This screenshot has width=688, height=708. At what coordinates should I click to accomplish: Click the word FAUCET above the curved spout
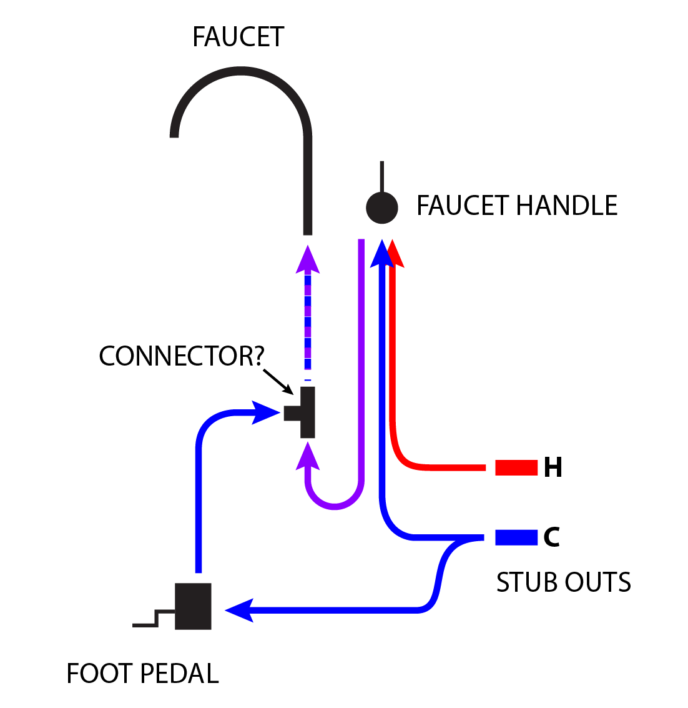click(x=238, y=37)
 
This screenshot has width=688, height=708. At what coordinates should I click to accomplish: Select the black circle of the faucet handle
click(x=381, y=207)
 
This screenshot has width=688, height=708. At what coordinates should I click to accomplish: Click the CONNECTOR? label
click(x=182, y=356)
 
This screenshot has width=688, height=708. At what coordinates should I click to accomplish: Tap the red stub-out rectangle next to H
click(x=516, y=467)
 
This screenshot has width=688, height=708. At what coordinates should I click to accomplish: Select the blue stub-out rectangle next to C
click(x=516, y=537)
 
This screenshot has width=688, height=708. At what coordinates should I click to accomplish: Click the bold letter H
click(x=553, y=467)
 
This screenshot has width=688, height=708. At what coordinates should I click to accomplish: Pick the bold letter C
click(x=551, y=537)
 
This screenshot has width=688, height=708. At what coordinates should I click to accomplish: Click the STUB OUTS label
click(x=563, y=582)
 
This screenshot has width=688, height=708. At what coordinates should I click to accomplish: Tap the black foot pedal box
click(x=193, y=606)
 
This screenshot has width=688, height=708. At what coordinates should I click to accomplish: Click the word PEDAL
click(x=180, y=674)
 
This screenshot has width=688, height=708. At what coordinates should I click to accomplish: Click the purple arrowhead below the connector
click(x=308, y=456)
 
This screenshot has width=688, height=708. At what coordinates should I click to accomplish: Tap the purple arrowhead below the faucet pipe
click(x=307, y=261)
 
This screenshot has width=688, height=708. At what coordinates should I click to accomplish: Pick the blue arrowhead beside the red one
click(x=381, y=254)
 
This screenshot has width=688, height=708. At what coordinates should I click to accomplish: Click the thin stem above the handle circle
click(x=382, y=176)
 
